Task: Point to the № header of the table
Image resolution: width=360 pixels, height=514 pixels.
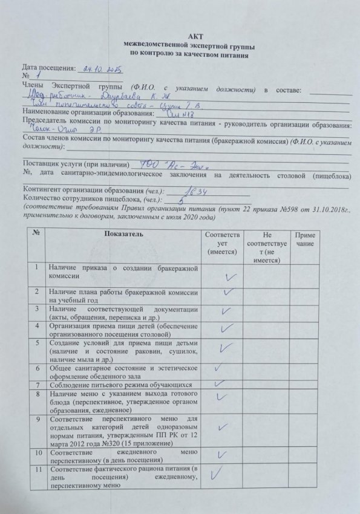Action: [x=38, y=234]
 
